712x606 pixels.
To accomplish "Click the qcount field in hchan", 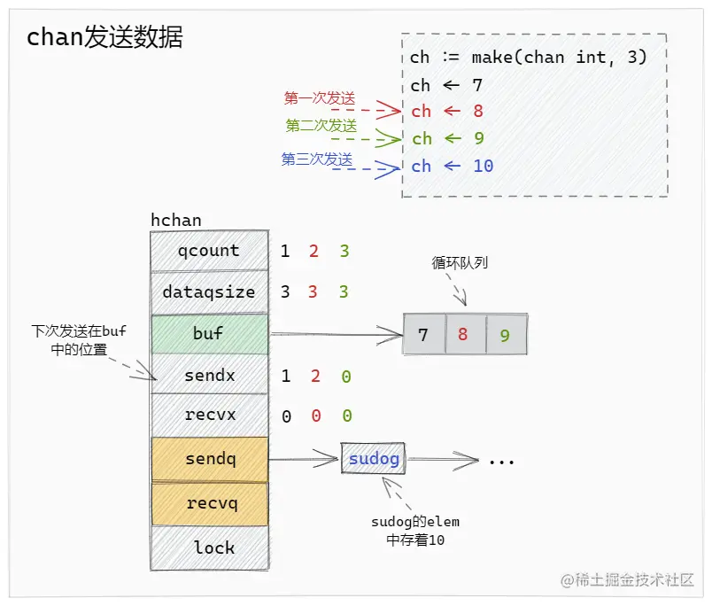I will [209, 251].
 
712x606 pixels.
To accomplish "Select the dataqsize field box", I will [209, 291].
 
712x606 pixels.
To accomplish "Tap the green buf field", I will [209, 334].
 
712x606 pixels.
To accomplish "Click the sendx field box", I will [209, 376].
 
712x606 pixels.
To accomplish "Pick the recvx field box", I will [209, 415].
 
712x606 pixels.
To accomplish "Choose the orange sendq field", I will [209, 459].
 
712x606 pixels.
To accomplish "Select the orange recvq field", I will [209, 503].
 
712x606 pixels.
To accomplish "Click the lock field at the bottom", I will [209, 548].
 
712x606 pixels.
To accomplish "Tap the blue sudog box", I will [373, 459].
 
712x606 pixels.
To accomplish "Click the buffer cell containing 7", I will [423, 335].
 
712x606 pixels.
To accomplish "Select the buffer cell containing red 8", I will [465, 335].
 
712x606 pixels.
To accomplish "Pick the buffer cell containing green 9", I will [506, 335].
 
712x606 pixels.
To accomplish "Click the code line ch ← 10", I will [452, 166].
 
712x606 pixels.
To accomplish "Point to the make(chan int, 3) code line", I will [529, 58].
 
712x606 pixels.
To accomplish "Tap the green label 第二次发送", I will [321, 125].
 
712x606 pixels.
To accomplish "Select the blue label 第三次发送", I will [317, 159].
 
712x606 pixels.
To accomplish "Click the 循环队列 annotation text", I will [460, 262].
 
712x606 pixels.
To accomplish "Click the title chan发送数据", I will [104, 37].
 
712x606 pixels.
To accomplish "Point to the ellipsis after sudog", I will [501, 460].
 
